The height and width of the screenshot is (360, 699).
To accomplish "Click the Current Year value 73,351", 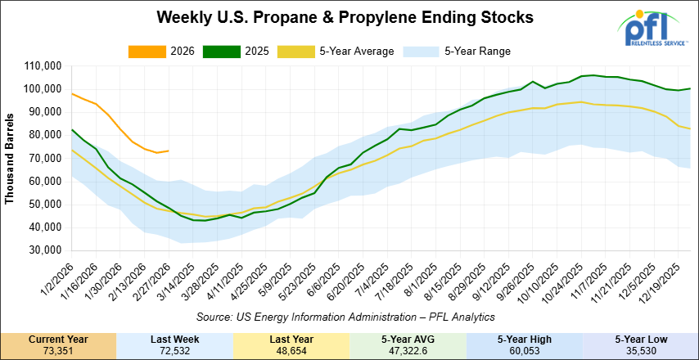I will [58, 349].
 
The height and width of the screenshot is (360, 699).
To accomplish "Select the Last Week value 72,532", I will [174, 349].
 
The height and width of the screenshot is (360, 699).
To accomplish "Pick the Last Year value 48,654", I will [291, 349].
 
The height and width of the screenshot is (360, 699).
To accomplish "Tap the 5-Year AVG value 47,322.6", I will [407, 349].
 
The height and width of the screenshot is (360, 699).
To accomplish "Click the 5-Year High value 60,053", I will [523, 349].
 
